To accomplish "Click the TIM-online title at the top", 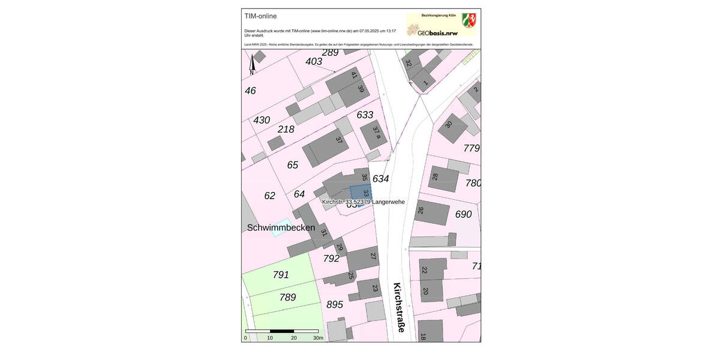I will (x=260, y=16).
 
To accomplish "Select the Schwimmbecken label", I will (x=281, y=227).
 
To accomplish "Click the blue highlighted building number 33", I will (x=361, y=193).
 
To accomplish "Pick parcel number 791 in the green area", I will (x=281, y=275).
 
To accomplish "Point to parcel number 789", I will (x=287, y=297).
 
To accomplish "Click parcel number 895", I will (x=335, y=305).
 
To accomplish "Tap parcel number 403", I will (x=314, y=61).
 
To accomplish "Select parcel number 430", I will (x=262, y=120).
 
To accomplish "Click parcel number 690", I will (x=463, y=214).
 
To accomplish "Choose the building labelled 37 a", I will (x=374, y=133).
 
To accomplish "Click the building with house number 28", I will (x=443, y=178).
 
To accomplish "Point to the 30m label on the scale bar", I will (x=318, y=338).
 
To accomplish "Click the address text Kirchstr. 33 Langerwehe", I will (x=363, y=202).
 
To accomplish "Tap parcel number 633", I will (x=365, y=115).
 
